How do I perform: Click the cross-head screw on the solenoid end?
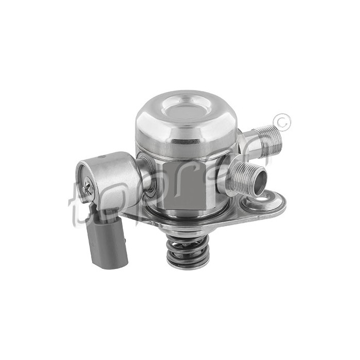[87, 188]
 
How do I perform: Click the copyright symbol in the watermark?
[282, 121]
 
